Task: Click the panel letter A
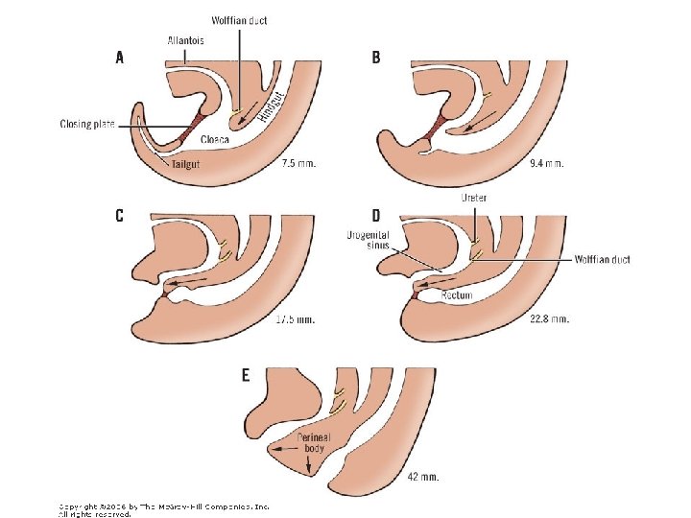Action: pos(119,58)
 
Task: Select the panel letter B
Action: pos(375,58)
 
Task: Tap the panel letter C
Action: pos(119,216)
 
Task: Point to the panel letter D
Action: pos(376,216)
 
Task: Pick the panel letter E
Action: pos(246,375)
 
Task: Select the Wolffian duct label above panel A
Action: pos(240,19)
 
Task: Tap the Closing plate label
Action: pos(87,124)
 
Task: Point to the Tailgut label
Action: pos(191,163)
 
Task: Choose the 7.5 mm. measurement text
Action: pos(298,163)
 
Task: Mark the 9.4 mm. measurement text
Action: pos(546,163)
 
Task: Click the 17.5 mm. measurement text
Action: pos(294,318)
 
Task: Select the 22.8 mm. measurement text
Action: pos(549,318)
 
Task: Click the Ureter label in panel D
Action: pos(474,198)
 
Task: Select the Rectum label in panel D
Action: pos(456,296)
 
